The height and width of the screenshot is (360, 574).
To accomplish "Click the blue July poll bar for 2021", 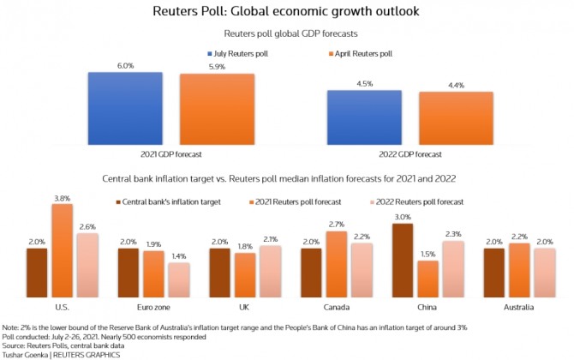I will [125, 110].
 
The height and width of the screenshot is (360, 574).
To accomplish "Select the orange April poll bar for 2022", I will [456, 119].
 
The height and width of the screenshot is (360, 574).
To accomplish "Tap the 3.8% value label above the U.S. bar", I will [62, 197].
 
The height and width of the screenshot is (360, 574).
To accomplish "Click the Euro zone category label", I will [152, 306].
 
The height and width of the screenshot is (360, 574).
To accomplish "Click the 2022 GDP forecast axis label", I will [416, 155].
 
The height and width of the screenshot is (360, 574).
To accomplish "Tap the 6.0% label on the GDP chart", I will [125, 66].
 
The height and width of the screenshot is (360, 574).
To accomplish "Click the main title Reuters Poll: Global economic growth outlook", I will [287, 12].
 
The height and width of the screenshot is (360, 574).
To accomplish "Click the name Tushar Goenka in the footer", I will [27, 351].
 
